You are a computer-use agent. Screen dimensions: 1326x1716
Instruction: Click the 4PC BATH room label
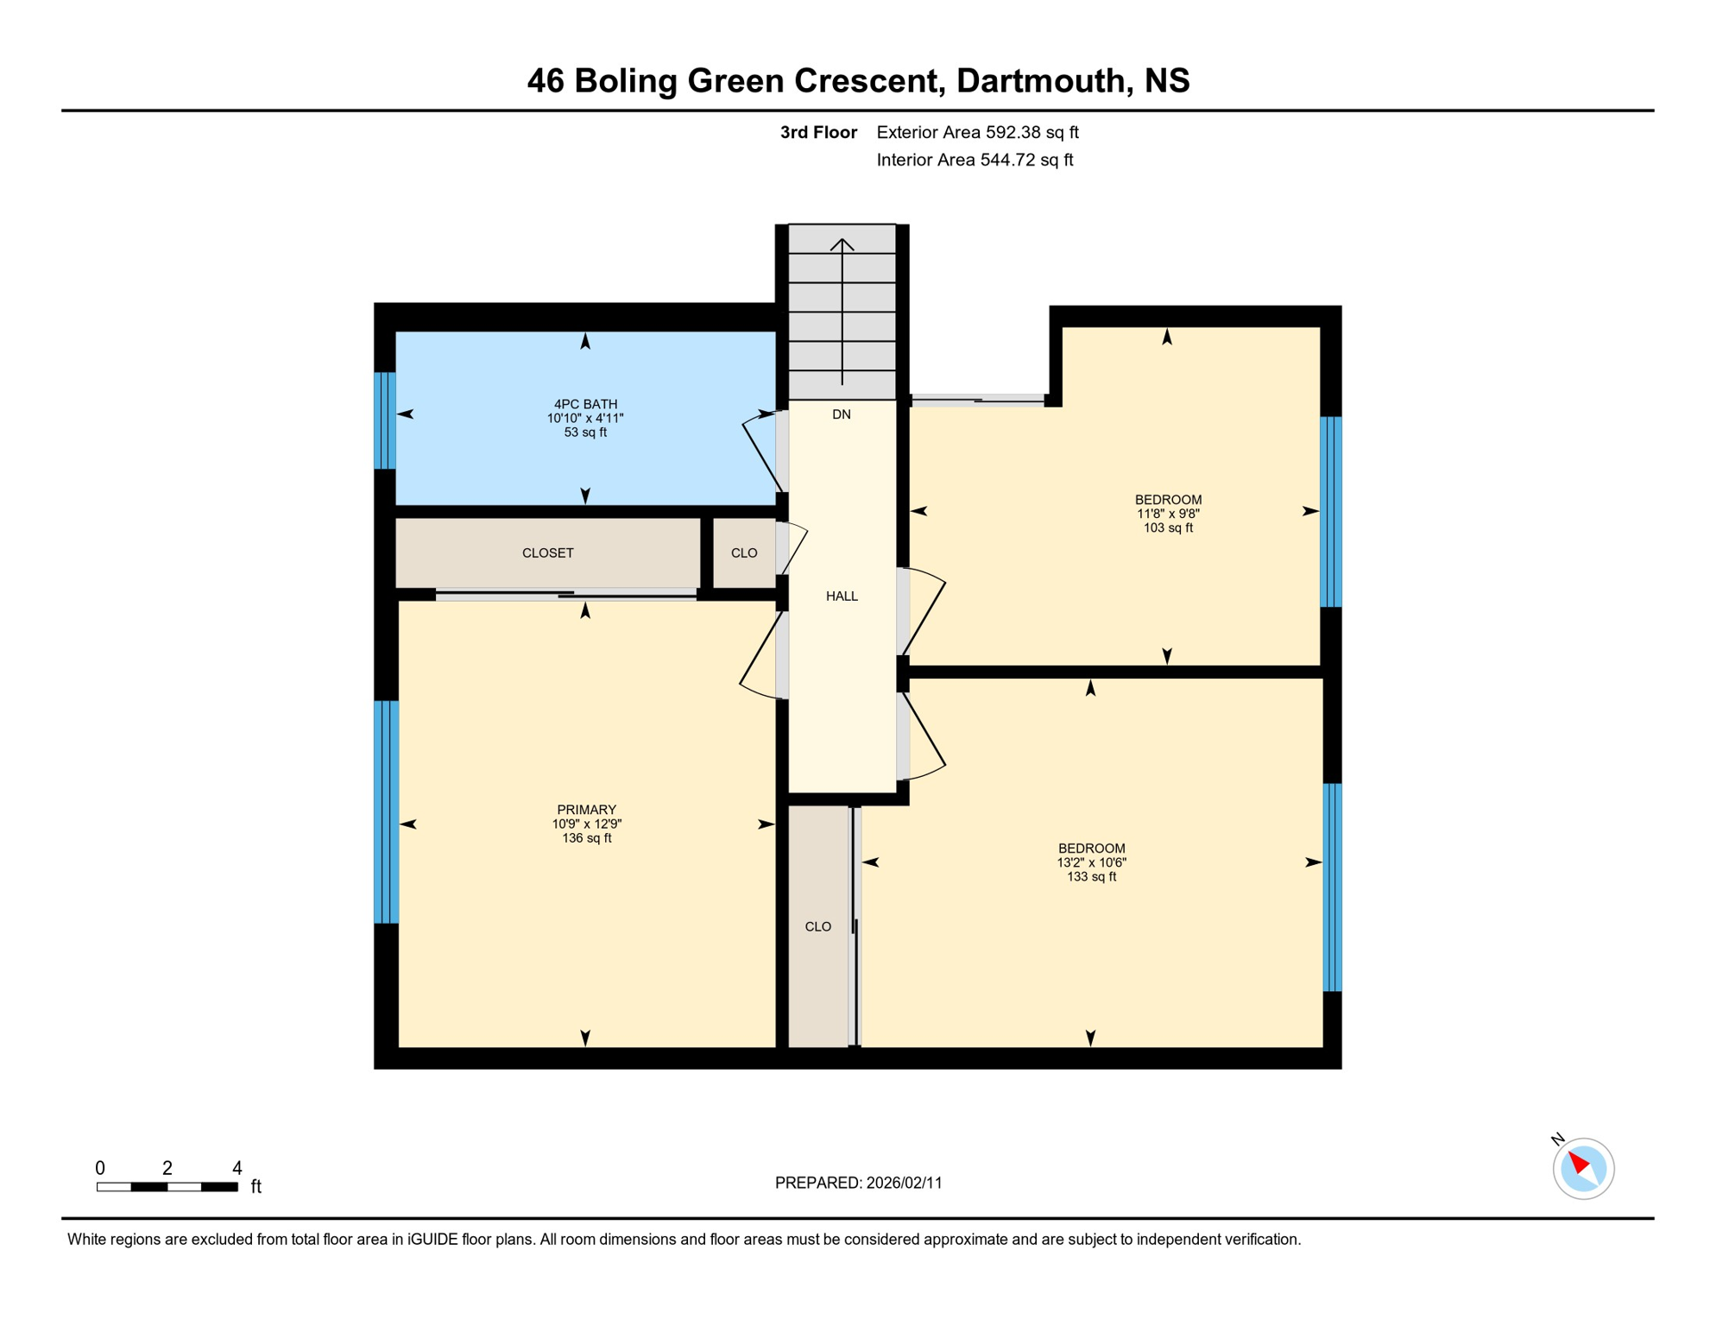click(585, 404)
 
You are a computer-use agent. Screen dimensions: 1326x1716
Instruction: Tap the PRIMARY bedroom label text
click(586, 810)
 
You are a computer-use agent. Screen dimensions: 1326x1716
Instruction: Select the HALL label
click(842, 597)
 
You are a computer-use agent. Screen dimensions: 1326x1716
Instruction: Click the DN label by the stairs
click(842, 415)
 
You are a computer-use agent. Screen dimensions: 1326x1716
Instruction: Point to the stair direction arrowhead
click(842, 243)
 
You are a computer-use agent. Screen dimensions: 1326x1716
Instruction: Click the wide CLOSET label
click(547, 553)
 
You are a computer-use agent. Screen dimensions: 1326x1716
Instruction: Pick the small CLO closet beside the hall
click(744, 553)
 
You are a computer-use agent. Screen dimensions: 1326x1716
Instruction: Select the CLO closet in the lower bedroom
click(817, 927)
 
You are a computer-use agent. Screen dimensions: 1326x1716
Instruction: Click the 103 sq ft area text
click(1168, 528)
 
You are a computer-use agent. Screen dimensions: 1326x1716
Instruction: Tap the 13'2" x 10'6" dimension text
click(1091, 862)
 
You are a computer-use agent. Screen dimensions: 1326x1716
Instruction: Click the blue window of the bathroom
click(385, 420)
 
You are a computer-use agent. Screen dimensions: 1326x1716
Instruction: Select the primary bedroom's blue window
click(386, 812)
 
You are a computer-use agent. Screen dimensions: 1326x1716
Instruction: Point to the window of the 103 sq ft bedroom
click(1331, 512)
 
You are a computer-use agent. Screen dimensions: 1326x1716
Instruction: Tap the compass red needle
click(1578, 1162)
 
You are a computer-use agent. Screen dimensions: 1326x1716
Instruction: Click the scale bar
click(167, 1187)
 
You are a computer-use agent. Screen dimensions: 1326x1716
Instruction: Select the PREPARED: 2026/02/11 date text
click(858, 1184)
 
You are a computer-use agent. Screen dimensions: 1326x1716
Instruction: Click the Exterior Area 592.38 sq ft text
click(977, 133)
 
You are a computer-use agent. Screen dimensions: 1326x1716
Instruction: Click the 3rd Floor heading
click(817, 133)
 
